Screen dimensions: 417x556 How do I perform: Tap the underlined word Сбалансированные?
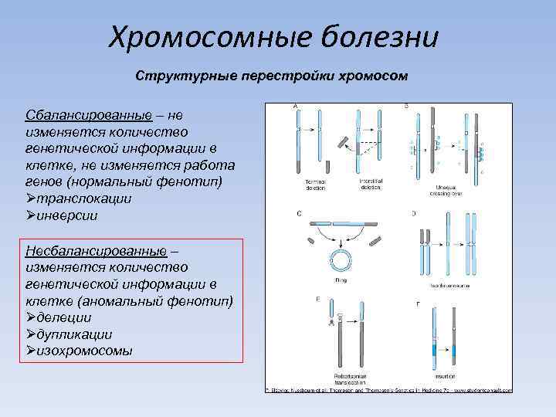point(87,115)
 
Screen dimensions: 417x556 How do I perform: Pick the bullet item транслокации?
point(84,198)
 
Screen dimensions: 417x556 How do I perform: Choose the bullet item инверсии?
point(67,215)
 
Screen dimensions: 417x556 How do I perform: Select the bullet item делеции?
point(64,317)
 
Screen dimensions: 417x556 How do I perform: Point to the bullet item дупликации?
point(74,334)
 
